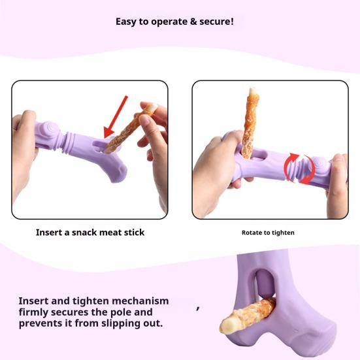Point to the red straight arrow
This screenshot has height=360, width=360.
(115, 117)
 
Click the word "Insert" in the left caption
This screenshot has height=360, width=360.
(49, 233)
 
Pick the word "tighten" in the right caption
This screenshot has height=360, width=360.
(283, 233)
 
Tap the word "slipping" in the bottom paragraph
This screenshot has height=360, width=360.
(118, 323)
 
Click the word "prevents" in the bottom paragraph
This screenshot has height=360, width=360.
(39, 323)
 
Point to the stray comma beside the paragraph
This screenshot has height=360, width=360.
(198, 308)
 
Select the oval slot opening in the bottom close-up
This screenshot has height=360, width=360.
(265, 284)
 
